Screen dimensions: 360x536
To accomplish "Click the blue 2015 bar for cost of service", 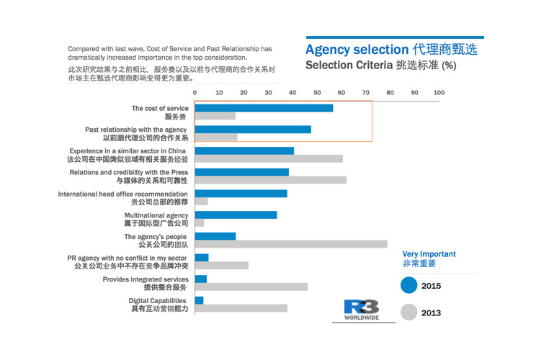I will pos(264,108).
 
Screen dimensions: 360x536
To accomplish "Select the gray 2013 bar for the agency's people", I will pos(291,244).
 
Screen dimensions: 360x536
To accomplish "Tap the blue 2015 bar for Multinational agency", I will pos(236,215).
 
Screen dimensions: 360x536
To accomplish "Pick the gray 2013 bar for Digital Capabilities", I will pos(241,308).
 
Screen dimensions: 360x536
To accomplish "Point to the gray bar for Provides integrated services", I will pos(251,287).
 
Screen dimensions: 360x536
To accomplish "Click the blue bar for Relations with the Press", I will pos(241,172).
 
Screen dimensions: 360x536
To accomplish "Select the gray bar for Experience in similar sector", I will pos(269,158).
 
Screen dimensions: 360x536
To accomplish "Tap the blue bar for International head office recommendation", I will pos(241,193).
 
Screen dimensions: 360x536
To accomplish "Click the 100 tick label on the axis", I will pos(439,92).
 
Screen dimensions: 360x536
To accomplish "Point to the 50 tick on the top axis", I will pos(317,92).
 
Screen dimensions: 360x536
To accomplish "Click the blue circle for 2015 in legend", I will pos(409,286).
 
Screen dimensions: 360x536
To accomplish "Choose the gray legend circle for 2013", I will pos(409,312).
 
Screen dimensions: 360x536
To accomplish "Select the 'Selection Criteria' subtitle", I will pos(348,66).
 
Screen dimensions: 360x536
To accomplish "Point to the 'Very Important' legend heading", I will pos(429,254).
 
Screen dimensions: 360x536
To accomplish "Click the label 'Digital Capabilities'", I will pos(158,300).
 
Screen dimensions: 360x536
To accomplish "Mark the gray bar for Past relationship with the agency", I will pos(216,138).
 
